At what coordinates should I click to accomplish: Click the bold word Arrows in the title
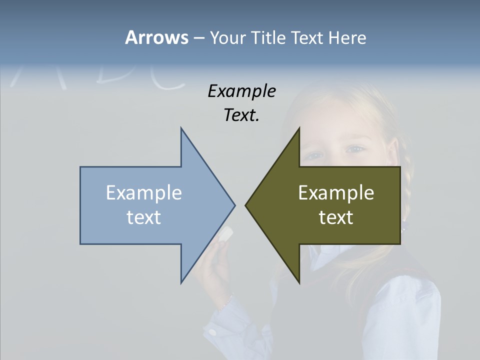156,37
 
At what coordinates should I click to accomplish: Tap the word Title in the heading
268,37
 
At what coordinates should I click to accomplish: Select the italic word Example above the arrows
241,91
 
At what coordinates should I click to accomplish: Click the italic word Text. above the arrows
241,115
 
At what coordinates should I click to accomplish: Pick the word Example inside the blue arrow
144,192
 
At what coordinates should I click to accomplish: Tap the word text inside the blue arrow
144,217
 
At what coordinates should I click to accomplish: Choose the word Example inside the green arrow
336,192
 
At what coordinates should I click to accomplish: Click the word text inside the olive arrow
336,217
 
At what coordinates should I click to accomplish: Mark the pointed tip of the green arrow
246,204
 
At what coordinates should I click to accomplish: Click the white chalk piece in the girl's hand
226,233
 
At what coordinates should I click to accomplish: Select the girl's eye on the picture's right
356,149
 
